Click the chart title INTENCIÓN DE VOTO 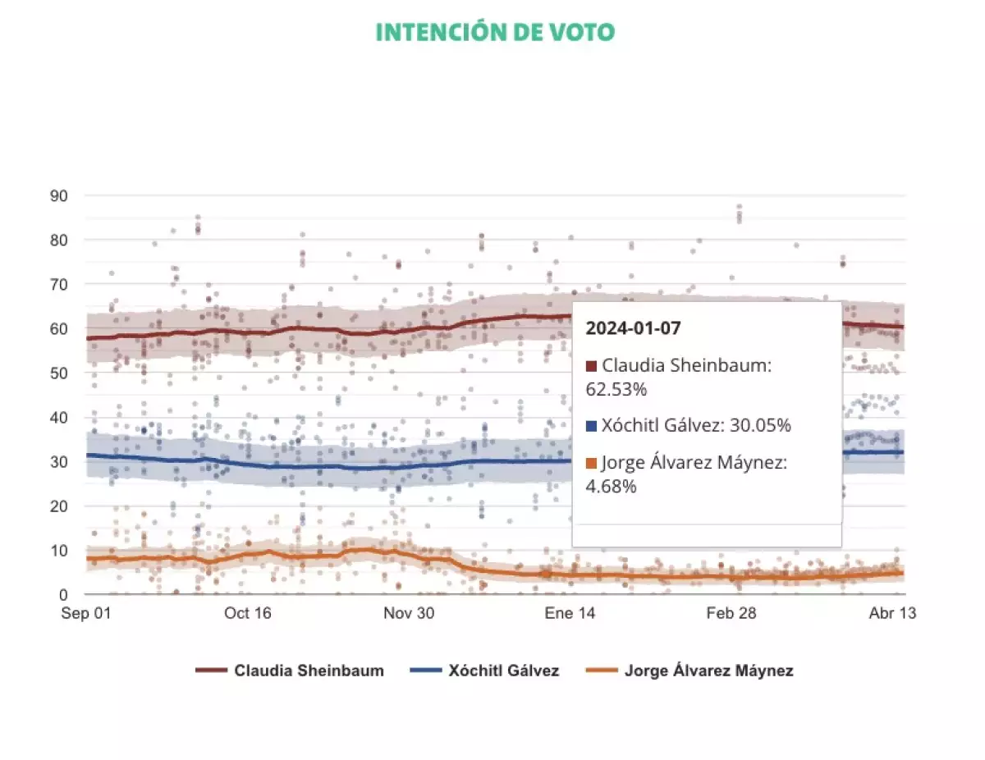click(x=495, y=32)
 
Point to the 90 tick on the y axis click(x=59, y=196)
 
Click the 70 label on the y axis click(x=59, y=285)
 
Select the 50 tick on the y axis click(x=59, y=373)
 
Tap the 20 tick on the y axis click(x=59, y=506)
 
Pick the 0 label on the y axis click(x=63, y=594)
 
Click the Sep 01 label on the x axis click(x=86, y=614)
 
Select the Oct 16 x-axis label click(x=249, y=614)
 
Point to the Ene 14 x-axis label click(x=570, y=614)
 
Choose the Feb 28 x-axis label click(x=732, y=614)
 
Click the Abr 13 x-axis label click(x=892, y=614)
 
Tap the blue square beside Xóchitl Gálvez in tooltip click(x=591, y=426)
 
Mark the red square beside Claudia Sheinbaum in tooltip click(x=591, y=366)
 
